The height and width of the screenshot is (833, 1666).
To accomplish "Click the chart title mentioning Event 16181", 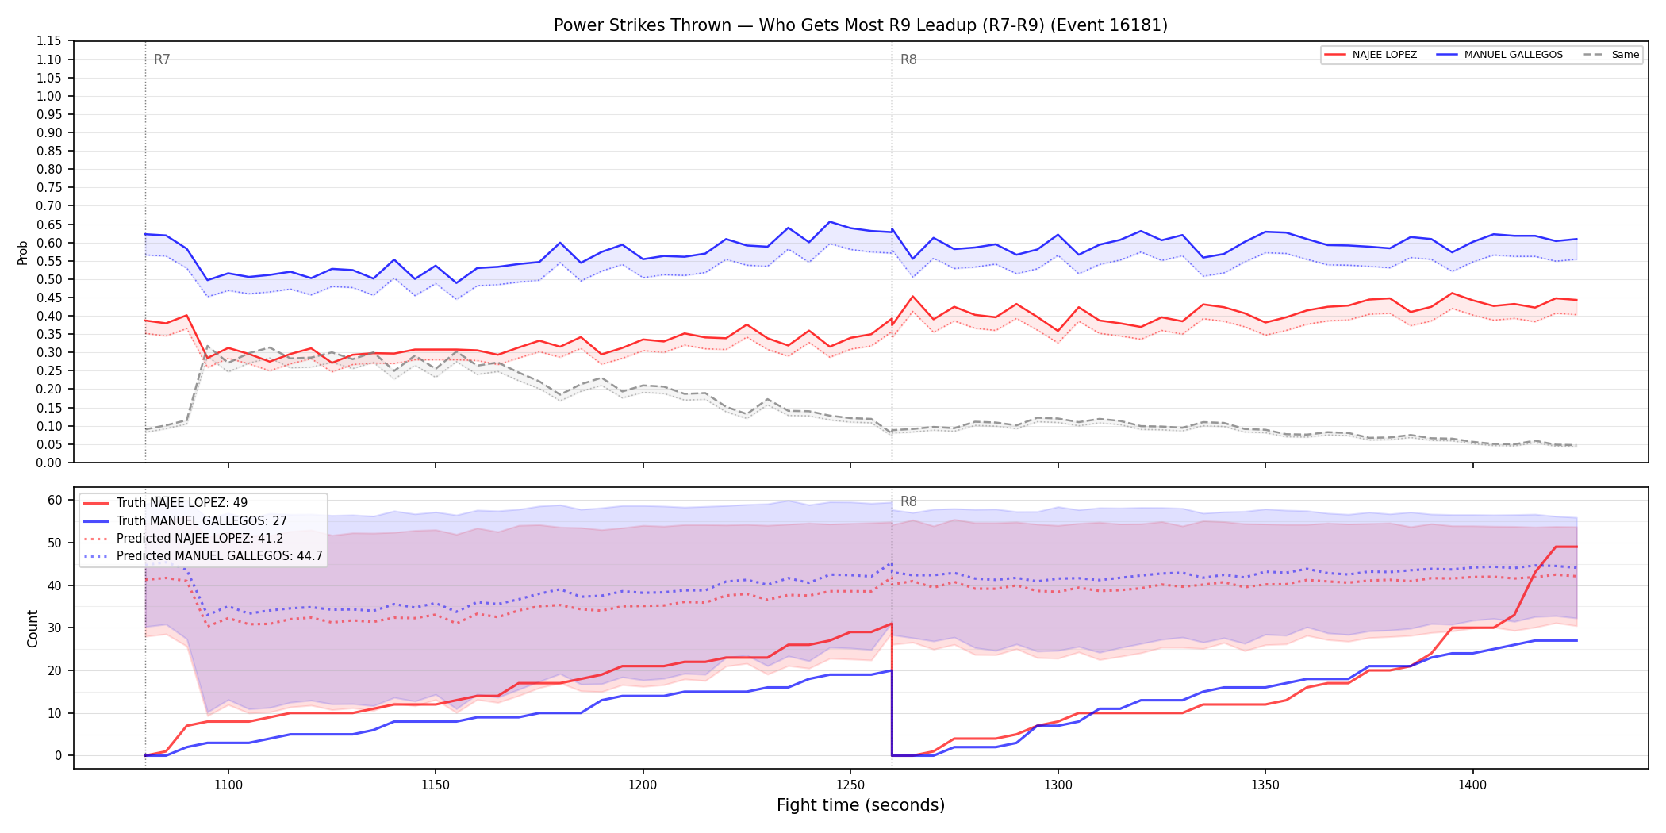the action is click(x=861, y=25).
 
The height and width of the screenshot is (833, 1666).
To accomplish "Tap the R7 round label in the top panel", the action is click(x=162, y=59).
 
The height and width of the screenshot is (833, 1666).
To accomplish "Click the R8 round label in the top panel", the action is click(x=908, y=59).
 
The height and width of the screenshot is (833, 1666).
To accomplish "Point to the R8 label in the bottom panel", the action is click(x=908, y=501).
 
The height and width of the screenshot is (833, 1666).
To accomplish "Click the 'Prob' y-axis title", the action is click(x=23, y=252).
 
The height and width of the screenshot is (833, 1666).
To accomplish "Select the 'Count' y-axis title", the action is click(x=33, y=628).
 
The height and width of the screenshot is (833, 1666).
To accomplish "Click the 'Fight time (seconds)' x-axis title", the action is click(x=861, y=805).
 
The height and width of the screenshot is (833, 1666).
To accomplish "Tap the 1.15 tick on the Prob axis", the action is click(x=48, y=41).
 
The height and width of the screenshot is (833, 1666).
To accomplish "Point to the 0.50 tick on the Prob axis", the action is click(x=48, y=279).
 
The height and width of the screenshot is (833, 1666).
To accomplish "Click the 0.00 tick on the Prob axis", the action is click(x=48, y=463).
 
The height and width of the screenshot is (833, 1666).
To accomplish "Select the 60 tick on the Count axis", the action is click(x=55, y=500).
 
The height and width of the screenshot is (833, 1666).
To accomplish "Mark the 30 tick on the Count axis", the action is click(x=55, y=628).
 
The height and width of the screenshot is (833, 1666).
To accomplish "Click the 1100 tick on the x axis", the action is click(x=228, y=785).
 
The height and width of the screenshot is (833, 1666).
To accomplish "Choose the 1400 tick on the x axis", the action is click(x=1472, y=785).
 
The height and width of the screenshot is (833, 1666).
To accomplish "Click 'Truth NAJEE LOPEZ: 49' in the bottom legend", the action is click(x=182, y=503).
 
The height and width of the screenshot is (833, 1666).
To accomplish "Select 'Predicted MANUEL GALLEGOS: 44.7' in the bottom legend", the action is click(x=220, y=556).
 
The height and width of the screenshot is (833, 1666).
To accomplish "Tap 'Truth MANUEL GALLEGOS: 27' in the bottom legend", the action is click(x=202, y=521).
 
